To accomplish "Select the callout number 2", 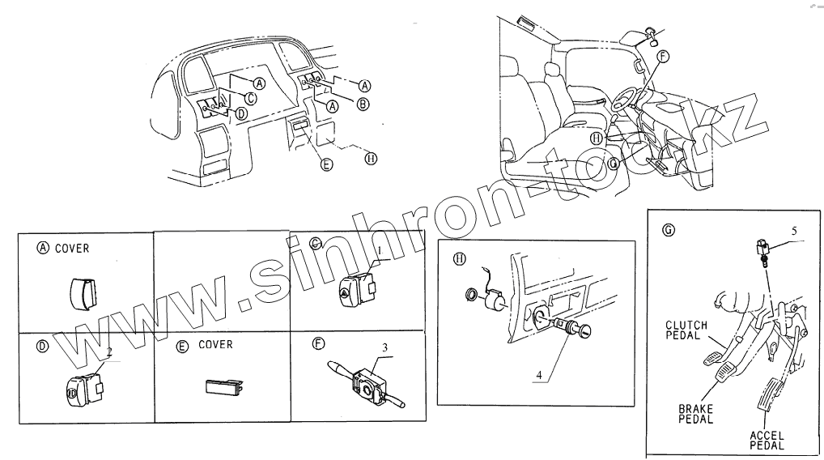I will [x=108, y=353].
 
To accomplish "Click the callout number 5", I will [x=793, y=231].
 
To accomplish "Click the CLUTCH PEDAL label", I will [x=686, y=330].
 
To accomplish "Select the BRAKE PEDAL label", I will [x=695, y=414].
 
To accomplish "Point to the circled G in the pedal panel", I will [x=668, y=229].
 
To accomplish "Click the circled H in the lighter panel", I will [x=459, y=259].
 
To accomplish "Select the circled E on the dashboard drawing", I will [x=326, y=164].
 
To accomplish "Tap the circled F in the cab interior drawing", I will [x=663, y=56].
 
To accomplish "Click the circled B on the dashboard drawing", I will [x=363, y=104].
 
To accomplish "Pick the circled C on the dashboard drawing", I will [x=251, y=98].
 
